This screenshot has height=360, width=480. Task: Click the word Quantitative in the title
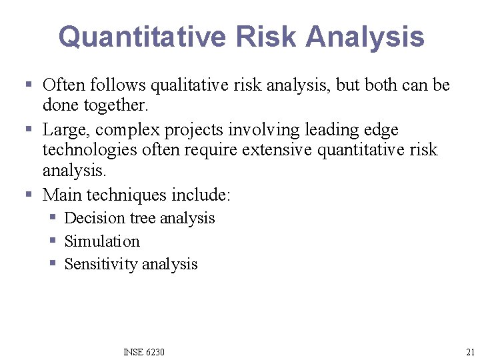[142, 37]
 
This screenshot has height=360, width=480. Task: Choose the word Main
[62, 195]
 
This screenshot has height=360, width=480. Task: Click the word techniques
[127, 195]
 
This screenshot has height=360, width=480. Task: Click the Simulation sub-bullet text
[102, 241]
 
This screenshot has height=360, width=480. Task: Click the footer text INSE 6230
[144, 352]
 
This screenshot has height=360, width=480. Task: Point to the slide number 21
[471, 352]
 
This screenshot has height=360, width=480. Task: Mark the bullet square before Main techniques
[29, 195]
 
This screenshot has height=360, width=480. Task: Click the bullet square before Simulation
[53, 241]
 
